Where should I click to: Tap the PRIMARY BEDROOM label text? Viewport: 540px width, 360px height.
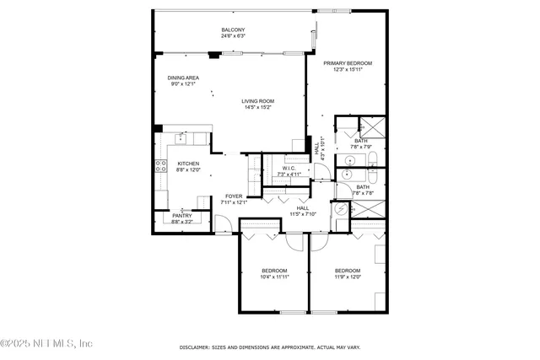pos(347,63)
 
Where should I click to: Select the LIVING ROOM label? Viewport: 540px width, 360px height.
pos(257,101)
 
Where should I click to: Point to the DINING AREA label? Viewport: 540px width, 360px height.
pos(183,78)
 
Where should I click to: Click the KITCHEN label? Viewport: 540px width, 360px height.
pos(188,164)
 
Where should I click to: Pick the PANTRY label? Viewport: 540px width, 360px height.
pos(181,215)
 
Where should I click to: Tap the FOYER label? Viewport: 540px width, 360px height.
pos(233,196)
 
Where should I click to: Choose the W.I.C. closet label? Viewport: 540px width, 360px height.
pos(288,169)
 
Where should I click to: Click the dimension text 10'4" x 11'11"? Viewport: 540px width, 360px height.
pos(275,276)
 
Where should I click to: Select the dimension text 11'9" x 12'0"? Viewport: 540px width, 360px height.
pos(347,276)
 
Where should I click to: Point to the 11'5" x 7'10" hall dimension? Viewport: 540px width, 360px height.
pos(303,213)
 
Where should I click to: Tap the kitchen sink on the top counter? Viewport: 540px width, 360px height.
pos(181,137)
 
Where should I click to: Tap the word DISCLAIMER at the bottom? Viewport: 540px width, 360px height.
pos(196,347)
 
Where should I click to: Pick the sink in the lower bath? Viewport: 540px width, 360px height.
pos(347,175)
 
